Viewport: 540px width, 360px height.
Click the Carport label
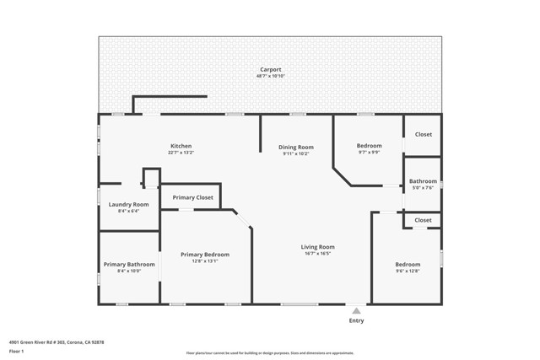coord(270,69)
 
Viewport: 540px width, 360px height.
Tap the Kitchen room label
coord(181,146)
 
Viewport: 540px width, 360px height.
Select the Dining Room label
coord(295,148)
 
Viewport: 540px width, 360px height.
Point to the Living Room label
coord(317,247)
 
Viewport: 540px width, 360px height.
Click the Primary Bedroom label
coord(204,255)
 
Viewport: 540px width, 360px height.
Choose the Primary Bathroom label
coord(129,265)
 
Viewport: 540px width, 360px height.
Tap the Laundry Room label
coord(128,204)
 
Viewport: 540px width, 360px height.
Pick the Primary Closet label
coord(192,197)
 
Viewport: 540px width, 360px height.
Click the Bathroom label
coord(423,181)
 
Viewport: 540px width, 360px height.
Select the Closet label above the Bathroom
coord(423,134)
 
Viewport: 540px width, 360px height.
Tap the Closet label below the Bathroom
coord(423,220)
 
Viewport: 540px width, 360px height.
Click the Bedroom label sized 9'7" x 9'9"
coord(369,146)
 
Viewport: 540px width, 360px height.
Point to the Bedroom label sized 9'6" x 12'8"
coord(408,265)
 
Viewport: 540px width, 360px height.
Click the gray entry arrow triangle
coord(356,311)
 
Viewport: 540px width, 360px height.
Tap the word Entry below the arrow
coord(356,320)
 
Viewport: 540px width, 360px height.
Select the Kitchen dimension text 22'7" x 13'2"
coord(181,153)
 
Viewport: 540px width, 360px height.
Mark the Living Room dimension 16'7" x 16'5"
coord(317,254)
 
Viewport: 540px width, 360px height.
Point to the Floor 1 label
coord(16,351)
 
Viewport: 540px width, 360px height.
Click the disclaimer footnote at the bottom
coord(270,353)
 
